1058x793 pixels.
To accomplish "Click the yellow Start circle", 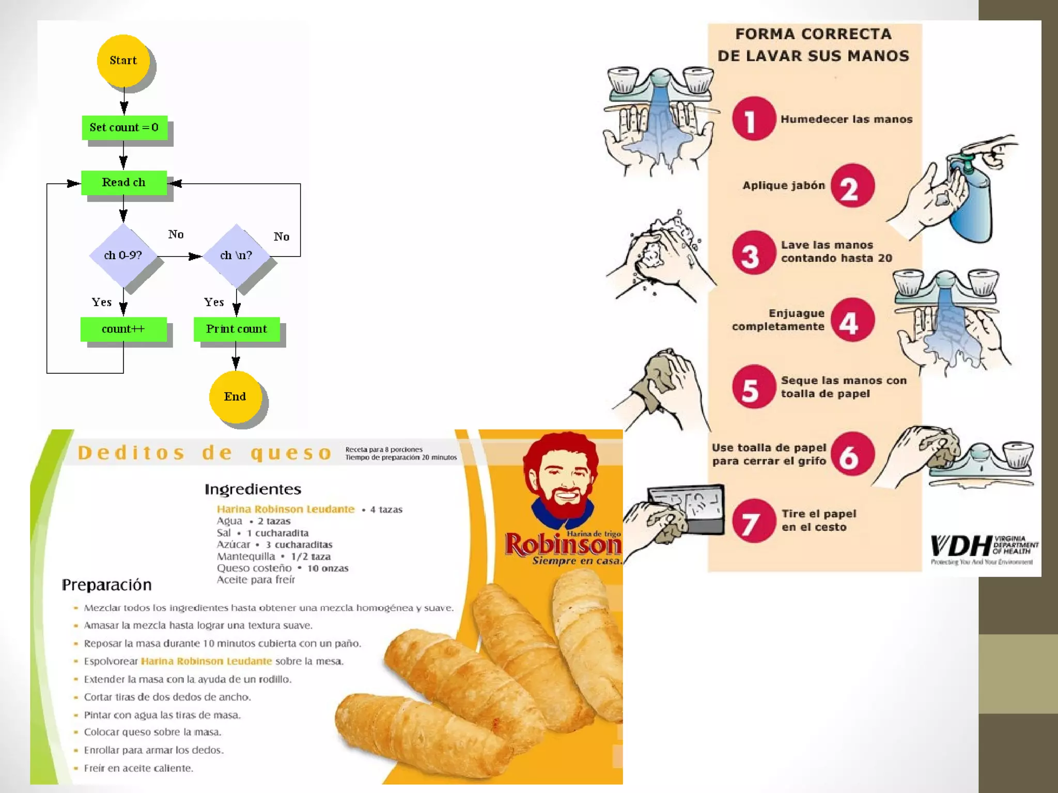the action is pos(123,60).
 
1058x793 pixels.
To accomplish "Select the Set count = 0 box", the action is pos(124,128).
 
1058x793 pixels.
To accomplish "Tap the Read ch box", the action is pos(123,182).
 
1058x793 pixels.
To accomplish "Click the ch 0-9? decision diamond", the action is pos(123,255).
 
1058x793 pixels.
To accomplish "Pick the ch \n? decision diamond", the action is pos(236,255).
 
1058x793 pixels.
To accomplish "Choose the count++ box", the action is pos(123,329).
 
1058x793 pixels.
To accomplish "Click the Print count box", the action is pos(237,329).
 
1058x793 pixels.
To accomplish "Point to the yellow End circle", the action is pos(235,396).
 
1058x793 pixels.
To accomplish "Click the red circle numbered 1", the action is pos(753,119).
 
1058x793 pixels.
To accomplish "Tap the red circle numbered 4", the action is pos(852,320).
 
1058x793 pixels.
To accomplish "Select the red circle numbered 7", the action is pos(753,520).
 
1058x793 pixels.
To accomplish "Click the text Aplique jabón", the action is pos(783,186).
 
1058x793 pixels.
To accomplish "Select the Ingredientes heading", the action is pos(253,489).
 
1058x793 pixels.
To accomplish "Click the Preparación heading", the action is pos(106,585).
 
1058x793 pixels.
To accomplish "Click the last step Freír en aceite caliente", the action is pos(138,768).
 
